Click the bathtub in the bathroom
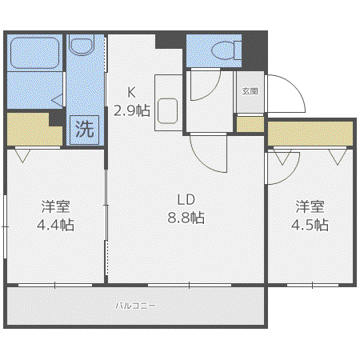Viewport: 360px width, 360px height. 34,53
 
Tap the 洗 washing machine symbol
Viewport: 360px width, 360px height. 85,130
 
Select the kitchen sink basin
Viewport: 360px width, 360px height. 167,111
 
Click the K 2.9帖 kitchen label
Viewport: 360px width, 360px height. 132,102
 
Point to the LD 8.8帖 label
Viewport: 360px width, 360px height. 186,209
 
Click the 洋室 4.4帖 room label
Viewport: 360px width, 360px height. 55,215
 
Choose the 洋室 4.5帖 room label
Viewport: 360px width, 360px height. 310,215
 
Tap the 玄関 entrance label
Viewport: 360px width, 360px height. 250,91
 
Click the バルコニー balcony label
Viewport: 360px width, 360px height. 136,306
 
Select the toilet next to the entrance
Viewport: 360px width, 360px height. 226,50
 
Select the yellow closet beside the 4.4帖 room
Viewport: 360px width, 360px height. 34,130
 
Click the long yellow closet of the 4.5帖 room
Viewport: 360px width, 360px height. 310,134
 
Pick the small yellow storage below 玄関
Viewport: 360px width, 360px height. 250,124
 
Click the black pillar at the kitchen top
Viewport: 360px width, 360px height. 169,41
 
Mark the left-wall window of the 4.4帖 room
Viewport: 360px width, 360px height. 5,226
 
